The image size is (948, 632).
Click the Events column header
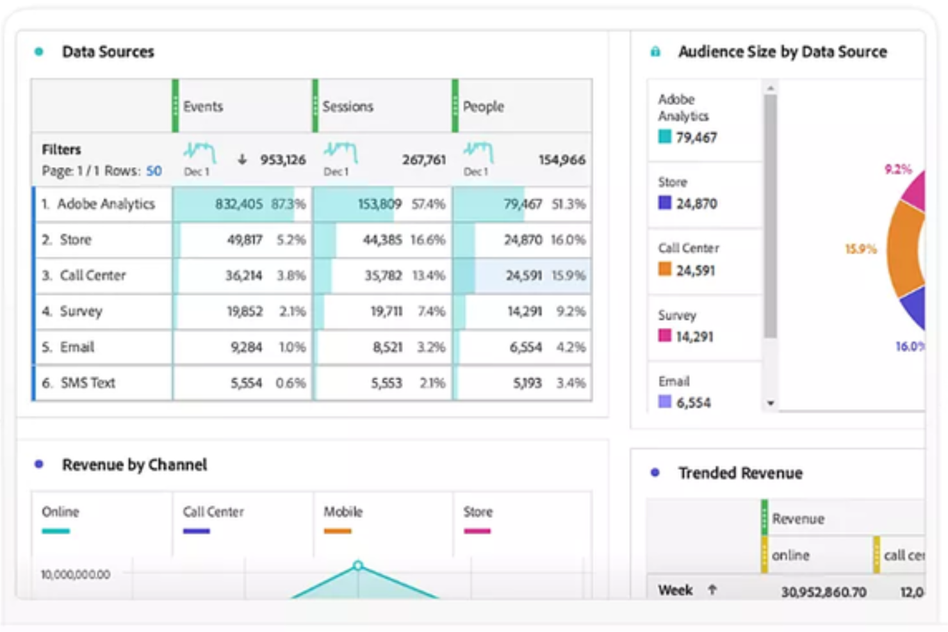pyautogui.click(x=203, y=106)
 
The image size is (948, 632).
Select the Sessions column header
pyautogui.click(x=347, y=106)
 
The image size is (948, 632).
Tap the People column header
pyautogui.click(x=483, y=106)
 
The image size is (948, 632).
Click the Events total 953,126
pyautogui.click(x=282, y=159)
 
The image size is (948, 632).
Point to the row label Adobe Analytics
pyautogui.click(x=106, y=204)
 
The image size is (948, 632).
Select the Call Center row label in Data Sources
pyautogui.click(x=92, y=275)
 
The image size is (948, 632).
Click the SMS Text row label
pyautogui.click(x=88, y=383)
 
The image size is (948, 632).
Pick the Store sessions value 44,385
pyautogui.click(x=382, y=239)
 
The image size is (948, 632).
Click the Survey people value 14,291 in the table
pyautogui.click(x=524, y=311)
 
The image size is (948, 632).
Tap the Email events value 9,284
pyautogui.click(x=246, y=347)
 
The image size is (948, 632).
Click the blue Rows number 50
pyautogui.click(x=154, y=171)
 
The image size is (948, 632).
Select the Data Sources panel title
pyautogui.click(x=108, y=52)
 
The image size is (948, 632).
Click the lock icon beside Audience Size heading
pyautogui.click(x=655, y=52)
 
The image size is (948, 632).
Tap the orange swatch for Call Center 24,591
pyautogui.click(x=665, y=269)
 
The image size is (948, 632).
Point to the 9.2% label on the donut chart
pyautogui.click(x=898, y=170)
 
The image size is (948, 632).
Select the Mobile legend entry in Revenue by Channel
pyautogui.click(x=343, y=512)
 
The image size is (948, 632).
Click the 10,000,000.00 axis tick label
pyautogui.click(x=76, y=574)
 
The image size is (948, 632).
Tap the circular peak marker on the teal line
pyautogui.click(x=358, y=565)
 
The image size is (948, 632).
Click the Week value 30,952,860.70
pyautogui.click(x=823, y=592)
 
